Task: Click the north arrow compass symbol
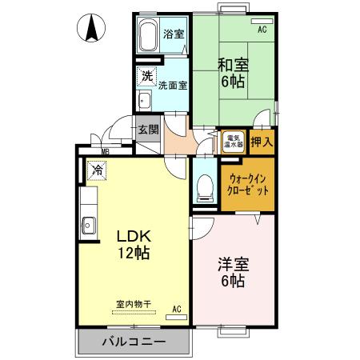[92, 30]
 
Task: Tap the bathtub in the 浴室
[148, 37]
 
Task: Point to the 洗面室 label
[172, 85]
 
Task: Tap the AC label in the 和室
[262, 30]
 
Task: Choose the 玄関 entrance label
[148, 130]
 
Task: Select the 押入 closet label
[262, 142]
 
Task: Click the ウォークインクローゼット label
[247, 186]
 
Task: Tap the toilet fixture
[205, 186]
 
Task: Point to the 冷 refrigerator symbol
[95, 170]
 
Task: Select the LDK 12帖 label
[134, 244]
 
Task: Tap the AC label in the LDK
[177, 308]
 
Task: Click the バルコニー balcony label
[134, 342]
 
